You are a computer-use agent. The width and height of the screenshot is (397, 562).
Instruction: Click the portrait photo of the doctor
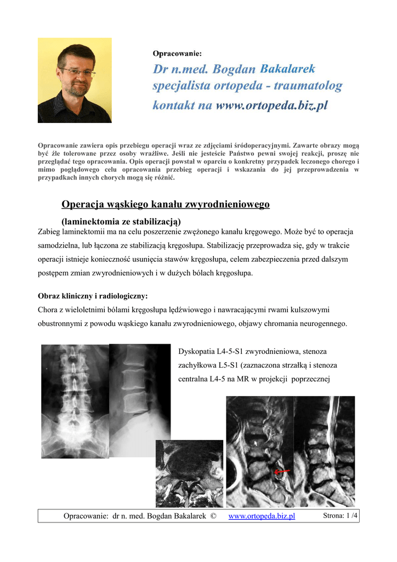point(75,80)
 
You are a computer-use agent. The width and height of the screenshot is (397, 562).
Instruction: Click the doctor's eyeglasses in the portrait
point(77,72)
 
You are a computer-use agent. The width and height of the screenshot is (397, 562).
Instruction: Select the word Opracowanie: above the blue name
point(177,53)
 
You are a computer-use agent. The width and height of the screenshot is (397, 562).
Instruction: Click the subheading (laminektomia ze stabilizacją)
point(121,222)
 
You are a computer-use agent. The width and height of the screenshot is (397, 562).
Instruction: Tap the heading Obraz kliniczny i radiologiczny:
point(93,296)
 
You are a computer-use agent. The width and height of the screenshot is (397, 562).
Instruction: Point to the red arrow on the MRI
point(282,471)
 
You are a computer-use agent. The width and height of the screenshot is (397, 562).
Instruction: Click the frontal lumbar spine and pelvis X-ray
point(75,401)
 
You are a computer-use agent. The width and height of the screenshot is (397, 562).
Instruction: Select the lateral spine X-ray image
point(140,389)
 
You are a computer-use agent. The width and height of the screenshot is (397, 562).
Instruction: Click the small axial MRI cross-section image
point(189,474)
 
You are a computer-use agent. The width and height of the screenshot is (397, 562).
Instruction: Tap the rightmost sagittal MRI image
point(324,451)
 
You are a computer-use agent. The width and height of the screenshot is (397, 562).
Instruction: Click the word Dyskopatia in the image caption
point(198,350)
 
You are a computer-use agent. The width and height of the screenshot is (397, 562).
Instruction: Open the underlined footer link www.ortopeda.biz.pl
point(262,516)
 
